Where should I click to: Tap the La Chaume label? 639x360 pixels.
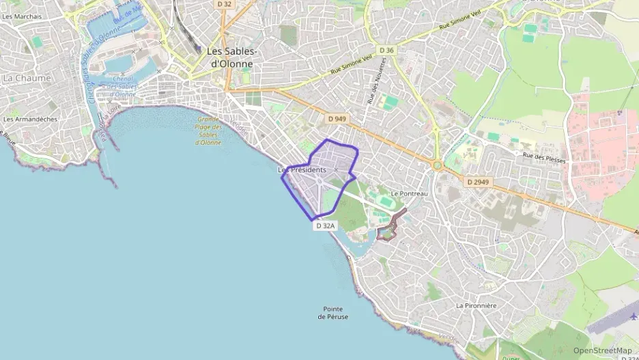pyautogui.click(x=27, y=79)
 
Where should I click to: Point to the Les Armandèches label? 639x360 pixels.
pyautogui.click(x=31, y=119)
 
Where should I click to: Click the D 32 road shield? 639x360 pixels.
pyautogui.click(x=225, y=4)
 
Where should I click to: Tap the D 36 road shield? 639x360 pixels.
pyautogui.click(x=386, y=50)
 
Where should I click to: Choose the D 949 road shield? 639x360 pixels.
pyautogui.click(x=336, y=119)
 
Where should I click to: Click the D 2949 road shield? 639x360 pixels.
pyautogui.click(x=479, y=182)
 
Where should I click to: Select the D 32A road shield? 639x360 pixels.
pyautogui.click(x=326, y=225)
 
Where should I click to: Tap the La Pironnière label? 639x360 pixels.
pyautogui.click(x=476, y=305)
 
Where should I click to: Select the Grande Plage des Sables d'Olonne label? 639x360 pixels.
pyautogui.click(x=208, y=130)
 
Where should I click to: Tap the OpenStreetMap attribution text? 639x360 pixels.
pyautogui.click(x=602, y=350)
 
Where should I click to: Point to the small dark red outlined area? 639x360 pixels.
pyautogui.click(x=390, y=228)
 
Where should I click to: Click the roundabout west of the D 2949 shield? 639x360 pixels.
pyautogui.click(x=437, y=165)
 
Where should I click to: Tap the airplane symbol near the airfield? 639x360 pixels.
pyautogui.click(x=632, y=316)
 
